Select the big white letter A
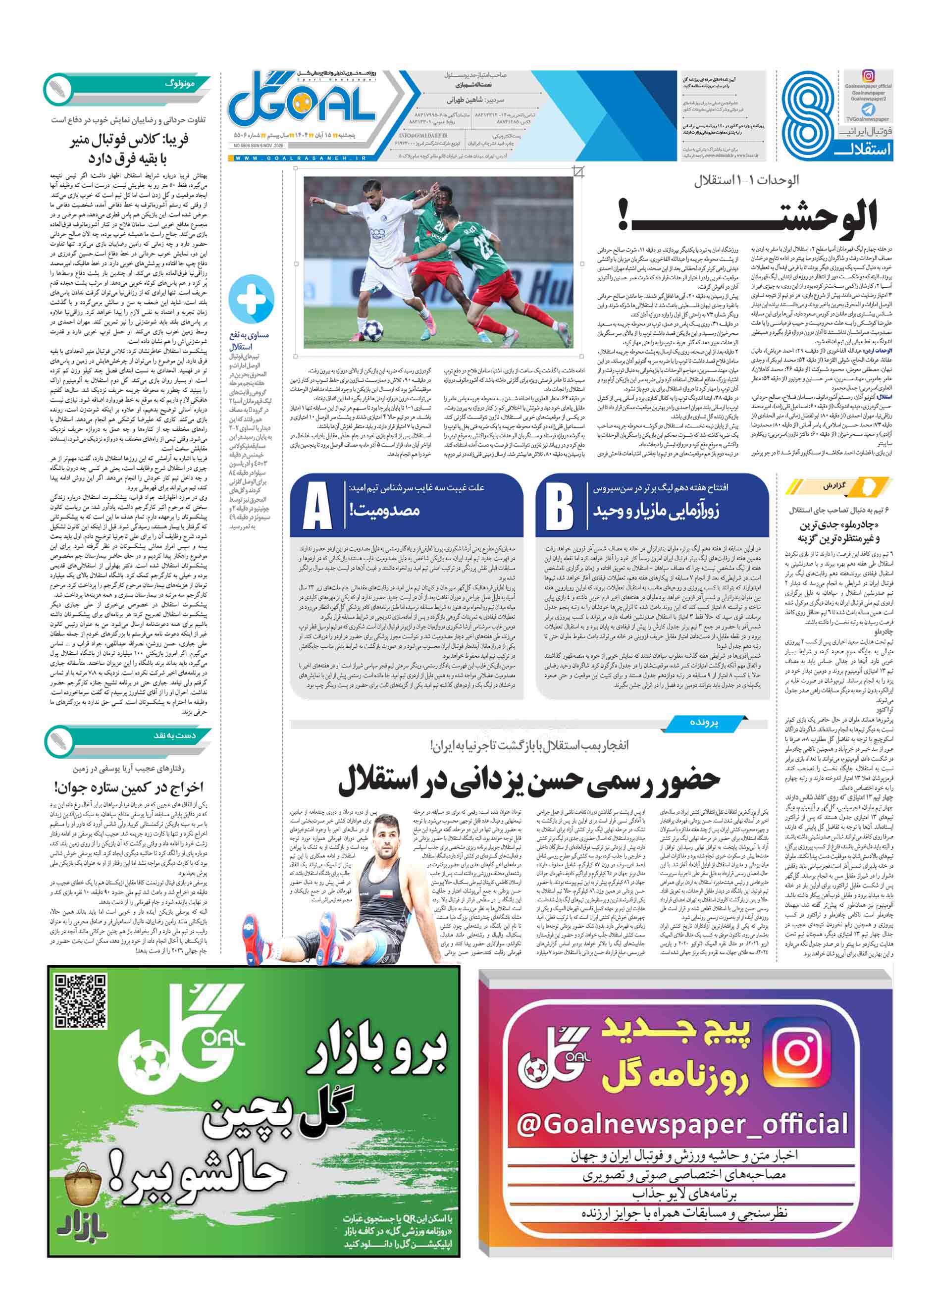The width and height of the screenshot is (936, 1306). [317, 506]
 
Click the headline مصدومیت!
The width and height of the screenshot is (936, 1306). [384, 510]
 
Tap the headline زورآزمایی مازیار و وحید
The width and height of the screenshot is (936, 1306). [656, 510]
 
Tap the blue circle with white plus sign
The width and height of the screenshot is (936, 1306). [251, 298]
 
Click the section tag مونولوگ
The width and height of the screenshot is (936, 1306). [180, 84]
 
